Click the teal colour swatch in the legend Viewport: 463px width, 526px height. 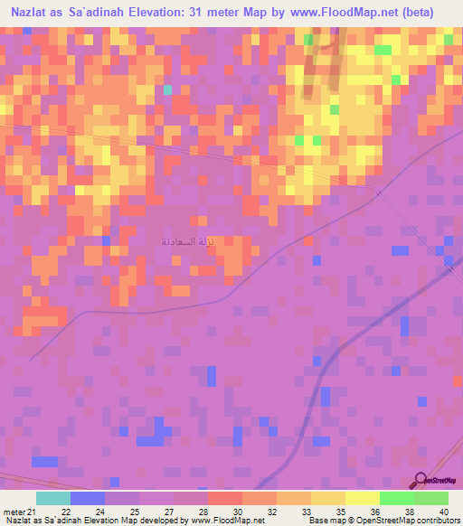(x=53, y=499)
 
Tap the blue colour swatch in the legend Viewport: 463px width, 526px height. (x=88, y=499)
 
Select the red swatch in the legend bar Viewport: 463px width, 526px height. (x=225, y=499)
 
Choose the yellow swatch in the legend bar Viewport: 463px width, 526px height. (x=328, y=499)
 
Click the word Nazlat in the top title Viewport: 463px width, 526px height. (x=37, y=12)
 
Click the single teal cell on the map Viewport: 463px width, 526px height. (x=167, y=90)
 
